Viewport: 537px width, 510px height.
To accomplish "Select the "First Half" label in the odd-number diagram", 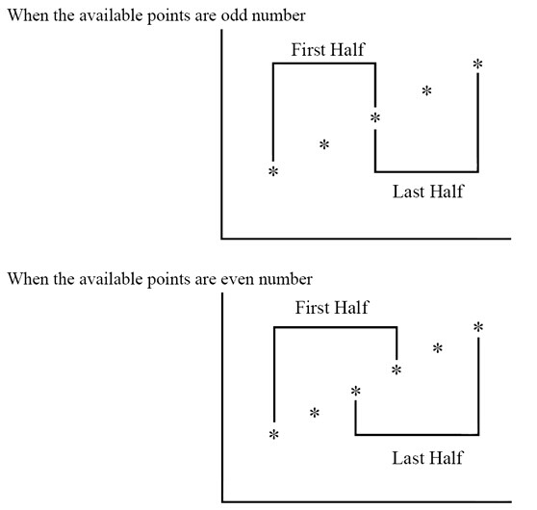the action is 328,50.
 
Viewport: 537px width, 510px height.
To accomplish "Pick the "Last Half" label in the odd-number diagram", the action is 427,191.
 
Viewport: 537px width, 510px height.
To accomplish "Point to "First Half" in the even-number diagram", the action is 332,308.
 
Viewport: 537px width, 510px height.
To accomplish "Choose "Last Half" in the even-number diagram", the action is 427,458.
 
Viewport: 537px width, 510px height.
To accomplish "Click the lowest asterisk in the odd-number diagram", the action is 273,171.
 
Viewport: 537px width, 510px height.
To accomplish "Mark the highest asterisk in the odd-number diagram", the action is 477,64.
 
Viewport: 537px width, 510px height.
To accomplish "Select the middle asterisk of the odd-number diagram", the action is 375,117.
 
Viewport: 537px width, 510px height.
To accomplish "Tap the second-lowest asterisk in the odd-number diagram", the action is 324,144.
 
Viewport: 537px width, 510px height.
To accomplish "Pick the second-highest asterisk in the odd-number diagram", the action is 426,90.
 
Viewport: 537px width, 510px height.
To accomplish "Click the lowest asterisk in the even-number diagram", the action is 274,435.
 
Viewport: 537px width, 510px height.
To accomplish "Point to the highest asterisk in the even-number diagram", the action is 478,327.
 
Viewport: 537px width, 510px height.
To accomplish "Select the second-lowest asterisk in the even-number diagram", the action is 315,413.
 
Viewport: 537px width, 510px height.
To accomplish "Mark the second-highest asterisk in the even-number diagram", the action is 438,348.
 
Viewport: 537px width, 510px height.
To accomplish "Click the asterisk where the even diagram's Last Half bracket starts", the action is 356,391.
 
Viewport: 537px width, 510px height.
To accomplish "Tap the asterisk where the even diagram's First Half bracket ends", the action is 396,370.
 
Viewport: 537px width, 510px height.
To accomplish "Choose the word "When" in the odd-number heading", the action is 28,15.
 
